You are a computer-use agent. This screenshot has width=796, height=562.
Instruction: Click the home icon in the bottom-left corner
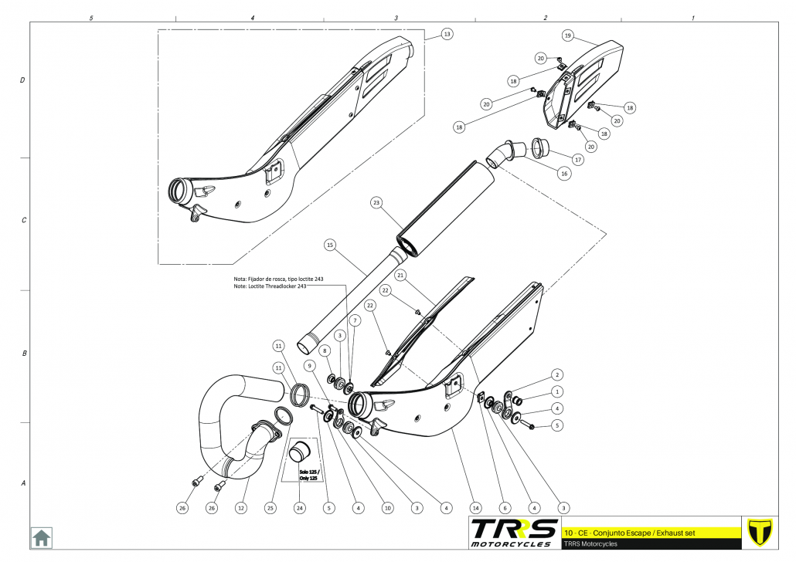[x=41, y=537]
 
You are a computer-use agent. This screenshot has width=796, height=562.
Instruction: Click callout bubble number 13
[x=447, y=34]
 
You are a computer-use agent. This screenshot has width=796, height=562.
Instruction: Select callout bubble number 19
[x=567, y=36]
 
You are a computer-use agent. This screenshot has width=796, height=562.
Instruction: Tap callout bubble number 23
[x=376, y=203]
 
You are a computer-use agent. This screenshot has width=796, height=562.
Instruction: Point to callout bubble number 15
[x=330, y=245]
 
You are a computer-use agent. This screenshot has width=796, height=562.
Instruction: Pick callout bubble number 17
[x=577, y=159]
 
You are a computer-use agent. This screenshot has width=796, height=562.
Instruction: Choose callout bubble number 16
[x=564, y=174]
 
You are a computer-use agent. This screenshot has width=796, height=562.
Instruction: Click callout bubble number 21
[x=400, y=275]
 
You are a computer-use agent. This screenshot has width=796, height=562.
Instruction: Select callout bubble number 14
[x=475, y=508]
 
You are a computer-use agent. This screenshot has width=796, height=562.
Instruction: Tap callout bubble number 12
[x=241, y=508]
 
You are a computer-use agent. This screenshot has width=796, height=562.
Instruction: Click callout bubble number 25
[x=270, y=508]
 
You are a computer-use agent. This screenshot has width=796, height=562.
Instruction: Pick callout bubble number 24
[x=300, y=508]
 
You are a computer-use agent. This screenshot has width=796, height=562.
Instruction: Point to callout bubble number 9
[x=308, y=365]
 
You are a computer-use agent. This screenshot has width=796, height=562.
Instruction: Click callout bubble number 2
[x=556, y=374]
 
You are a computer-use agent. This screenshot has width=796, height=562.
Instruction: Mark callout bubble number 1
[x=556, y=391]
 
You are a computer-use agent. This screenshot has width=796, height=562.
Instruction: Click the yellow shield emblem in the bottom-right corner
[x=761, y=533]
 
